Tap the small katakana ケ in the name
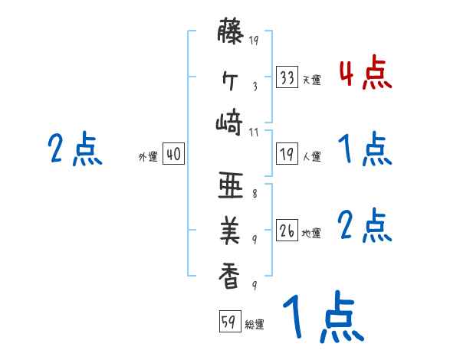(231, 79)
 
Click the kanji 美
(231, 227)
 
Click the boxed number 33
(287, 77)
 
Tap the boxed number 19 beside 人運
(287, 155)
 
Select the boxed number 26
(287, 231)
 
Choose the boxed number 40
(172, 155)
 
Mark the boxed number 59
(228, 322)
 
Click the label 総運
(255, 324)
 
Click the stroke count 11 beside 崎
(255, 133)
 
